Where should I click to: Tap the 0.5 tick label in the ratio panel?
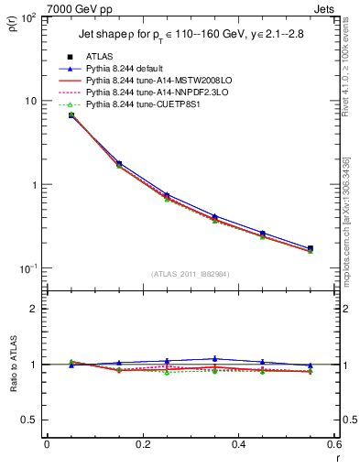30,420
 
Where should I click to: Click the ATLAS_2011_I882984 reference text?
191,273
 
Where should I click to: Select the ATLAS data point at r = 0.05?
71,115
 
